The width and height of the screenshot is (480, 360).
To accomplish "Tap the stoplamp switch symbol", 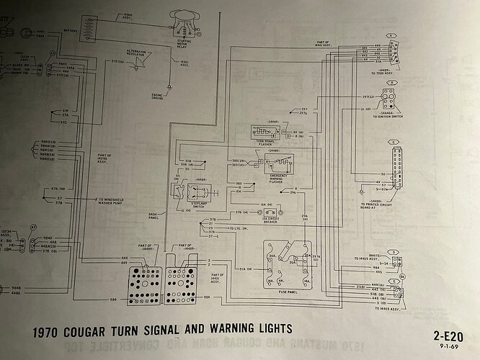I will [x=189, y=194].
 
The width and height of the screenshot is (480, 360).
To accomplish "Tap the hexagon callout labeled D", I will [x=392, y=251].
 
